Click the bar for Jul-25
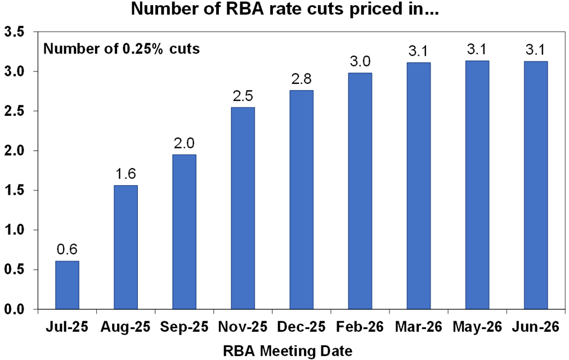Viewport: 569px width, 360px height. tap(67, 285)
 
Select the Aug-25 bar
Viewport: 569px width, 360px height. tap(126, 247)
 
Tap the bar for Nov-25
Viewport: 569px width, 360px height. tap(243, 208)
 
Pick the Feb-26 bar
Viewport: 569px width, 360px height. tap(360, 191)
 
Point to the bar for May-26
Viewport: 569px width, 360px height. tap(477, 185)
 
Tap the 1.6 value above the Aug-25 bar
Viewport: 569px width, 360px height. tap(126, 173)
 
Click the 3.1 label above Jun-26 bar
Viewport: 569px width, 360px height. tap(535, 49)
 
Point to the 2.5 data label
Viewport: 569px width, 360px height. tap(243, 95)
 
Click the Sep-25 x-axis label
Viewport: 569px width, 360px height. tap(184, 326)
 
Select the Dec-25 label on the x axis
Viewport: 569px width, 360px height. tap(301, 326)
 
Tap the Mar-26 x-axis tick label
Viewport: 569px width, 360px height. tap(418, 326)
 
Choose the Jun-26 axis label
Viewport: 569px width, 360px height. tap(535, 326)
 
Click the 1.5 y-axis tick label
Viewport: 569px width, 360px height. tap(15, 190)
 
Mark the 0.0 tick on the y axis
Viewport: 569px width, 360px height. tap(15, 309)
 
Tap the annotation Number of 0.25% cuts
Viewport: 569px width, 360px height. tap(122, 49)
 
